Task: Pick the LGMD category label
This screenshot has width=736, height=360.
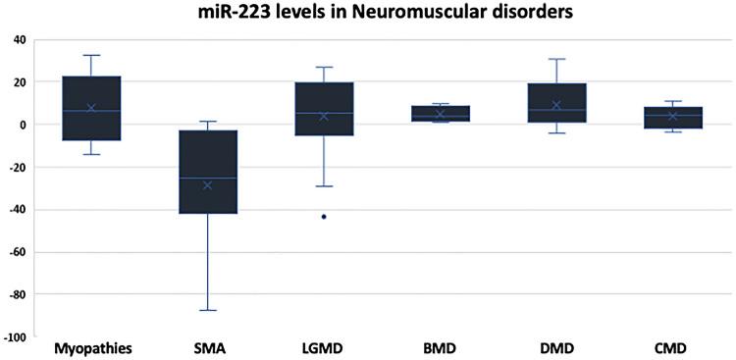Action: click(324, 348)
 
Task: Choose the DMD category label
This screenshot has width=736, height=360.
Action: click(556, 348)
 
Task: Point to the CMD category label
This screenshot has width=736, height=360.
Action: click(672, 348)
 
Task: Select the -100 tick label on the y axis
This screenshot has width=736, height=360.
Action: click(15, 337)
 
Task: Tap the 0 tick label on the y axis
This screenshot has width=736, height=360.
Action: click(23, 125)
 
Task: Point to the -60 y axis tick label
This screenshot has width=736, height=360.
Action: click(17, 252)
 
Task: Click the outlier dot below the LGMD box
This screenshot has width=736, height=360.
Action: click(324, 216)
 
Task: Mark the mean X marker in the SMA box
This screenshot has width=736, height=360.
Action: click(208, 185)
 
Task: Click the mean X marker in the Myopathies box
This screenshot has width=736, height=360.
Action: click(91, 108)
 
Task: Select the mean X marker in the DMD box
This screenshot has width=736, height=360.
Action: click(556, 105)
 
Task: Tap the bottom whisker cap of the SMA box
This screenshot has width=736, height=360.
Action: click(208, 310)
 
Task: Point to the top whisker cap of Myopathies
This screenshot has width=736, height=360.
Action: click(91, 55)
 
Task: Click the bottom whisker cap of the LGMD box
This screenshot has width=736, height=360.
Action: click(324, 186)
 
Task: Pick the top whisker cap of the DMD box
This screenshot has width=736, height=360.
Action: click(556, 59)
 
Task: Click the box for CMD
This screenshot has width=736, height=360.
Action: click(672, 118)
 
